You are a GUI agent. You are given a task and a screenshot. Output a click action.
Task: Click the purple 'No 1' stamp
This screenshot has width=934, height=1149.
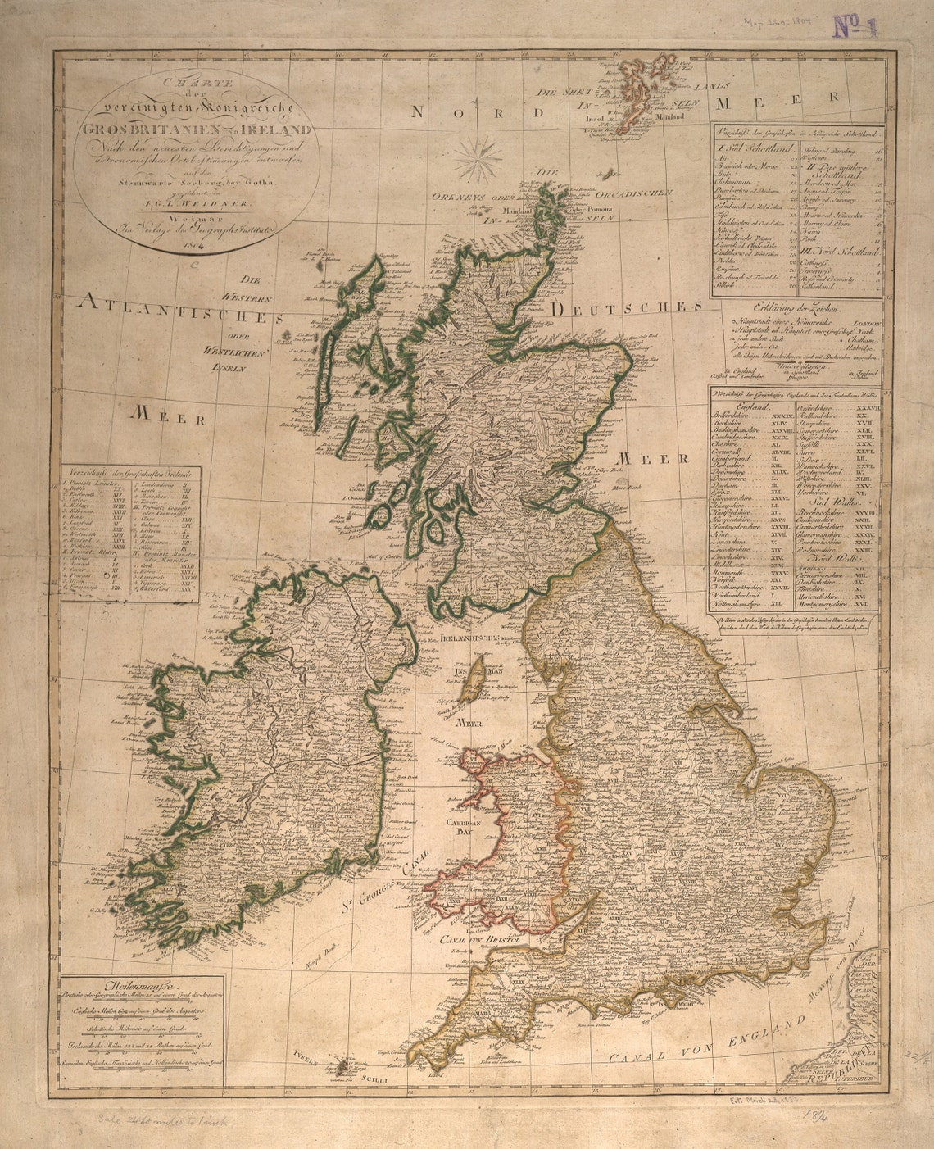(x=855, y=27)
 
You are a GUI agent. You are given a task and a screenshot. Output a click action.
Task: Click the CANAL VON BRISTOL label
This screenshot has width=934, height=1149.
(x=480, y=939)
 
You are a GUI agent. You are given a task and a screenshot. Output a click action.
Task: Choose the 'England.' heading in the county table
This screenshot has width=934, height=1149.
(x=751, y=406)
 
